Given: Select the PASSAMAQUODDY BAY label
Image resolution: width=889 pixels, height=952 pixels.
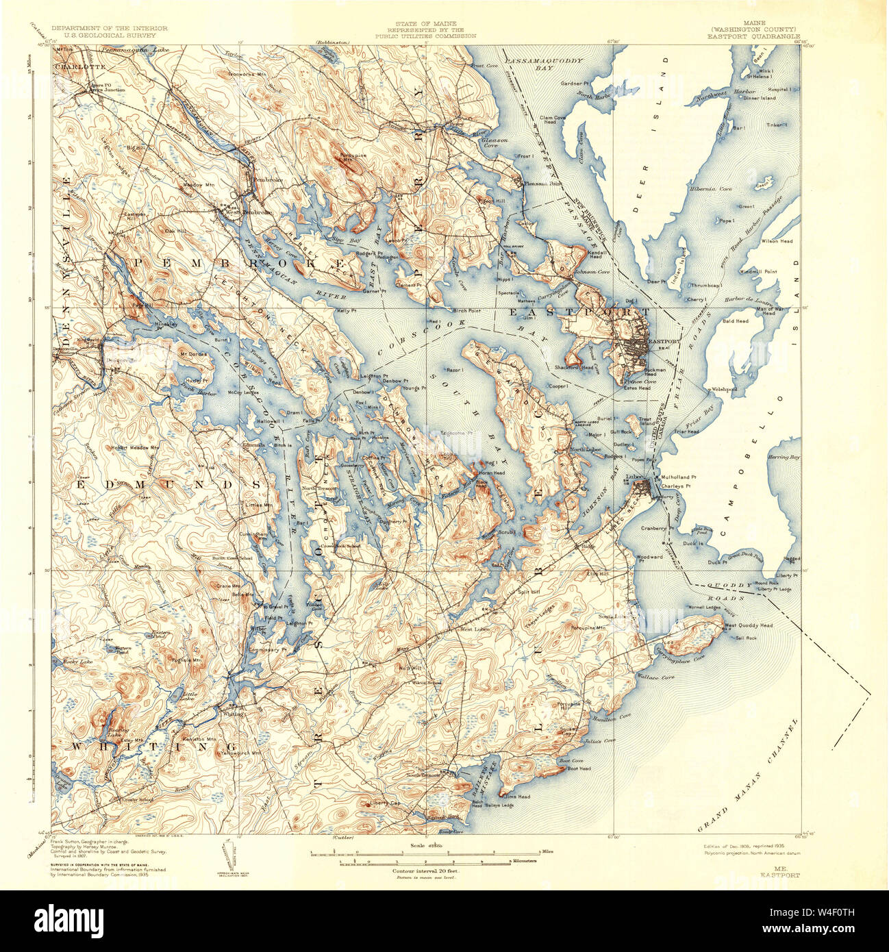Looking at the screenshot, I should pos(544,64).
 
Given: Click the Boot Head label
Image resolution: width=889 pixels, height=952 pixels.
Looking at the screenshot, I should pos(579,768).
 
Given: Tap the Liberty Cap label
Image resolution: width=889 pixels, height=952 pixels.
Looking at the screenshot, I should pos(384,803).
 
